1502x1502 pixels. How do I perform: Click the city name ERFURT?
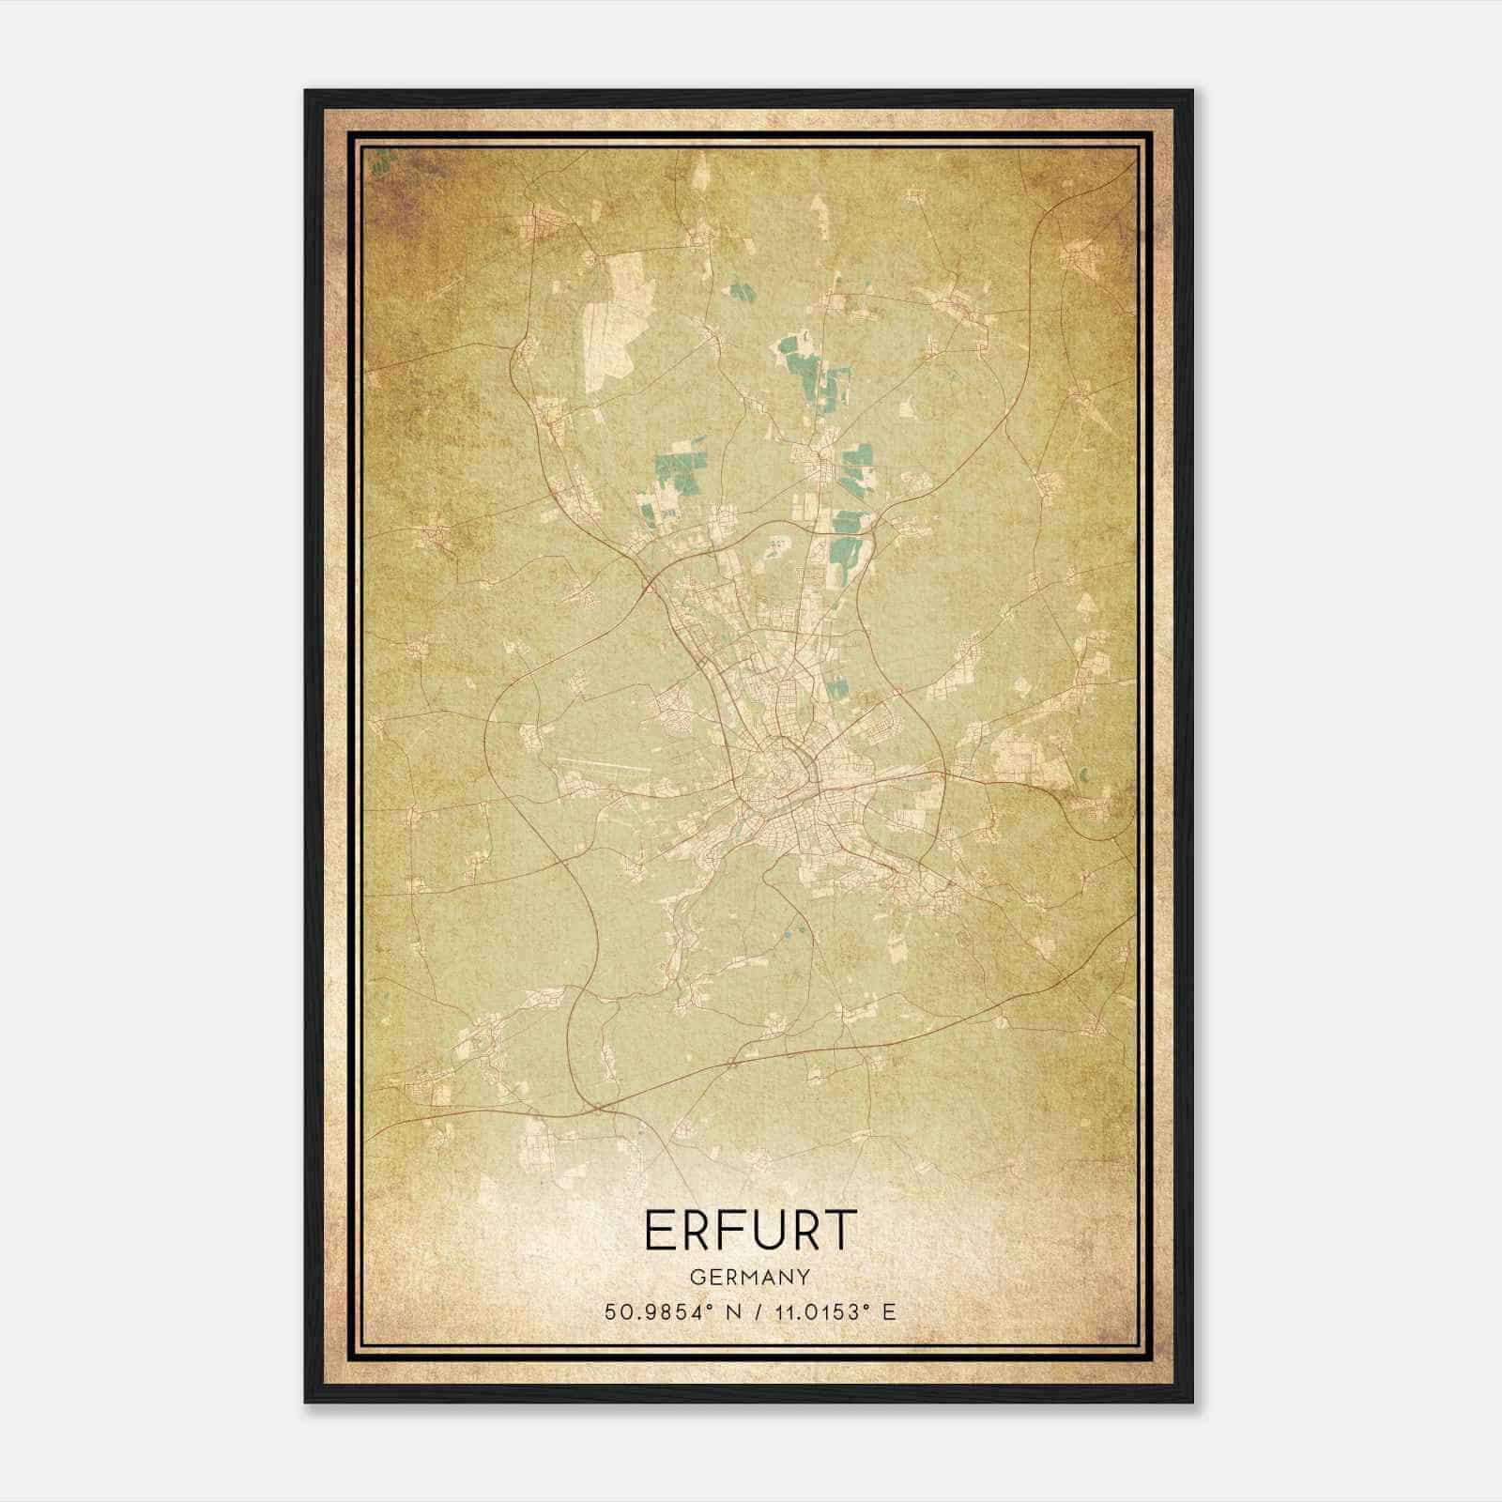[x=750, y=1231]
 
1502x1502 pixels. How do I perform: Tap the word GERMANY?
[x=750, y=1278]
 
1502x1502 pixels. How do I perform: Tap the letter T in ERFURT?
[x=842, y=1231]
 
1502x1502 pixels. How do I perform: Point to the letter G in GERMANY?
[x=697, y=1278]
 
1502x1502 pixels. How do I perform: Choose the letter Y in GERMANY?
[x=804, y=1278]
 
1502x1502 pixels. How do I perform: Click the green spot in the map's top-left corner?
[x=380, y=165]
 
